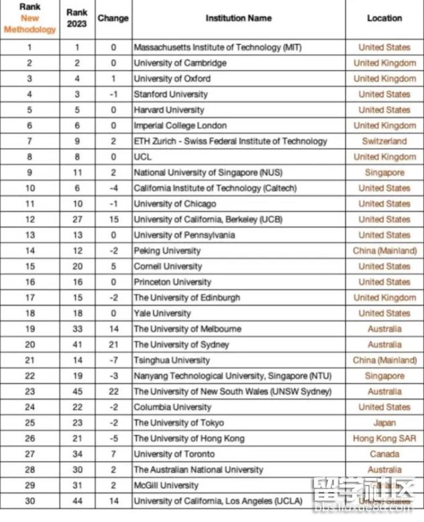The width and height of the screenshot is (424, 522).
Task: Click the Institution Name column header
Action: point(238,18)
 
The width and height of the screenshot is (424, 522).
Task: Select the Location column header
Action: point(384,18)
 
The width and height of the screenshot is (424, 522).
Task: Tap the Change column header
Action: point(113,18)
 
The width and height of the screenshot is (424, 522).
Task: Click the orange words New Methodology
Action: point(30,24)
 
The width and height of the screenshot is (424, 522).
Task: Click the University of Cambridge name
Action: point(180,63)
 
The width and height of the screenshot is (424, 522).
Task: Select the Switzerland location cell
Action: point(384,142)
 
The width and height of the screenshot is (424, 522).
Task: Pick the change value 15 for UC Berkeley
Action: point(113,219)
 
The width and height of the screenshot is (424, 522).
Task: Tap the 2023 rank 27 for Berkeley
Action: point(76,219)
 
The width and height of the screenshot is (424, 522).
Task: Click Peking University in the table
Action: point(167,251)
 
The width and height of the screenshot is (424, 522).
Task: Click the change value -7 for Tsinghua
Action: point(113,360)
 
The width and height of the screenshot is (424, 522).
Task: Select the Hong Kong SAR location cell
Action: point(384,439)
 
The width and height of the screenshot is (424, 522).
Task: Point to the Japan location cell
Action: point(384,423)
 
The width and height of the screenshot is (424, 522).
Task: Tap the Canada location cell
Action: point(384,454)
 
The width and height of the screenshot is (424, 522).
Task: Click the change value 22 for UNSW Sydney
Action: point(113,392)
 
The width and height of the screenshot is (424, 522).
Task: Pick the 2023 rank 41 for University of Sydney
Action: point(76,345)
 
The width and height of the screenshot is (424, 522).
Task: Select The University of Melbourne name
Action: point(187,329)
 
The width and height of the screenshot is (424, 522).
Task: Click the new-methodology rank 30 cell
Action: point(30,501)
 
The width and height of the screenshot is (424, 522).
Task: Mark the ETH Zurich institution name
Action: point(230,142)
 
